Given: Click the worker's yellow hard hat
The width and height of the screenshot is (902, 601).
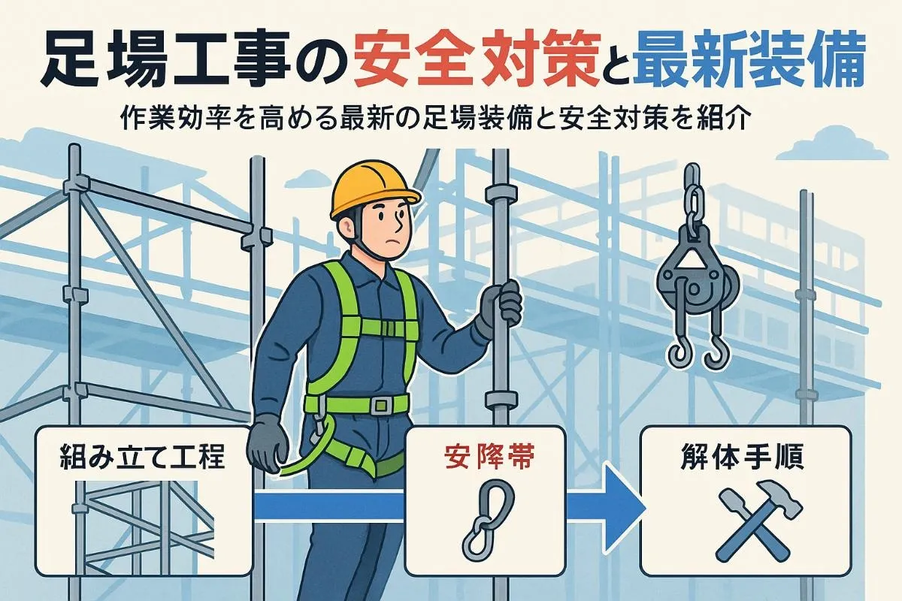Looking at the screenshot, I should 374,189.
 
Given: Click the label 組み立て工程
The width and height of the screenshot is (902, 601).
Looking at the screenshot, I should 142,457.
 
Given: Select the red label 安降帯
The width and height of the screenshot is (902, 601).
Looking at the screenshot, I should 484,457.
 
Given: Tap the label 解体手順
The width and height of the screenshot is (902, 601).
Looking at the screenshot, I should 744,457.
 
